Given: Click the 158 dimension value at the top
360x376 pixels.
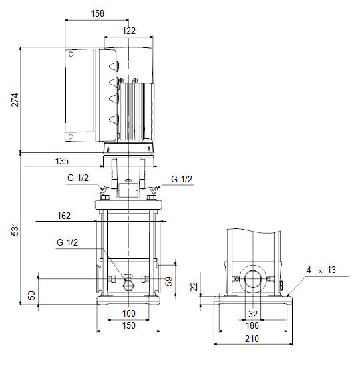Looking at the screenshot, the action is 98,13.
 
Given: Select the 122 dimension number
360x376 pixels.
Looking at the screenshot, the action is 129,31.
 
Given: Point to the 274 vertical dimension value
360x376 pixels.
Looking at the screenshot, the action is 15,100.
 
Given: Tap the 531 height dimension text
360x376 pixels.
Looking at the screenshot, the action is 15,230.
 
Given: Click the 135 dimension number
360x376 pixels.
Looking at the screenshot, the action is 62,161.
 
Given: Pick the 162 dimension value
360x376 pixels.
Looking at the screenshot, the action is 64,216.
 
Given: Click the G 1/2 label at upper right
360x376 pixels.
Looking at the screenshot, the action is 182,179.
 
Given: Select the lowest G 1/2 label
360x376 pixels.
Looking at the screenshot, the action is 67,242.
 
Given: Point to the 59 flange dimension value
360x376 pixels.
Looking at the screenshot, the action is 169,281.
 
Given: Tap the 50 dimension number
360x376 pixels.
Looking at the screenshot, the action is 31,295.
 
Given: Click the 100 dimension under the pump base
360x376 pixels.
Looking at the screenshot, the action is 129,313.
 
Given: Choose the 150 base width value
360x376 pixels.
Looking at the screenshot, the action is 129,326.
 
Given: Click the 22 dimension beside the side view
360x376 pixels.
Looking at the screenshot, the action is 194,287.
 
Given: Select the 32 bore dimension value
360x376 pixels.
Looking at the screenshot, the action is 253,314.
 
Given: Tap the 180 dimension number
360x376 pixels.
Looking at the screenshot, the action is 252,326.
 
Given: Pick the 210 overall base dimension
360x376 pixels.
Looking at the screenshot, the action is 252,339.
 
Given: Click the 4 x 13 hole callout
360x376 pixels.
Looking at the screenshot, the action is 321,270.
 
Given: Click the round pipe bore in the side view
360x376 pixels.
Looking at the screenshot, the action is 253,279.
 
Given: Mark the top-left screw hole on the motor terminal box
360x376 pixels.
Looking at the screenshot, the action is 71,55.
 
